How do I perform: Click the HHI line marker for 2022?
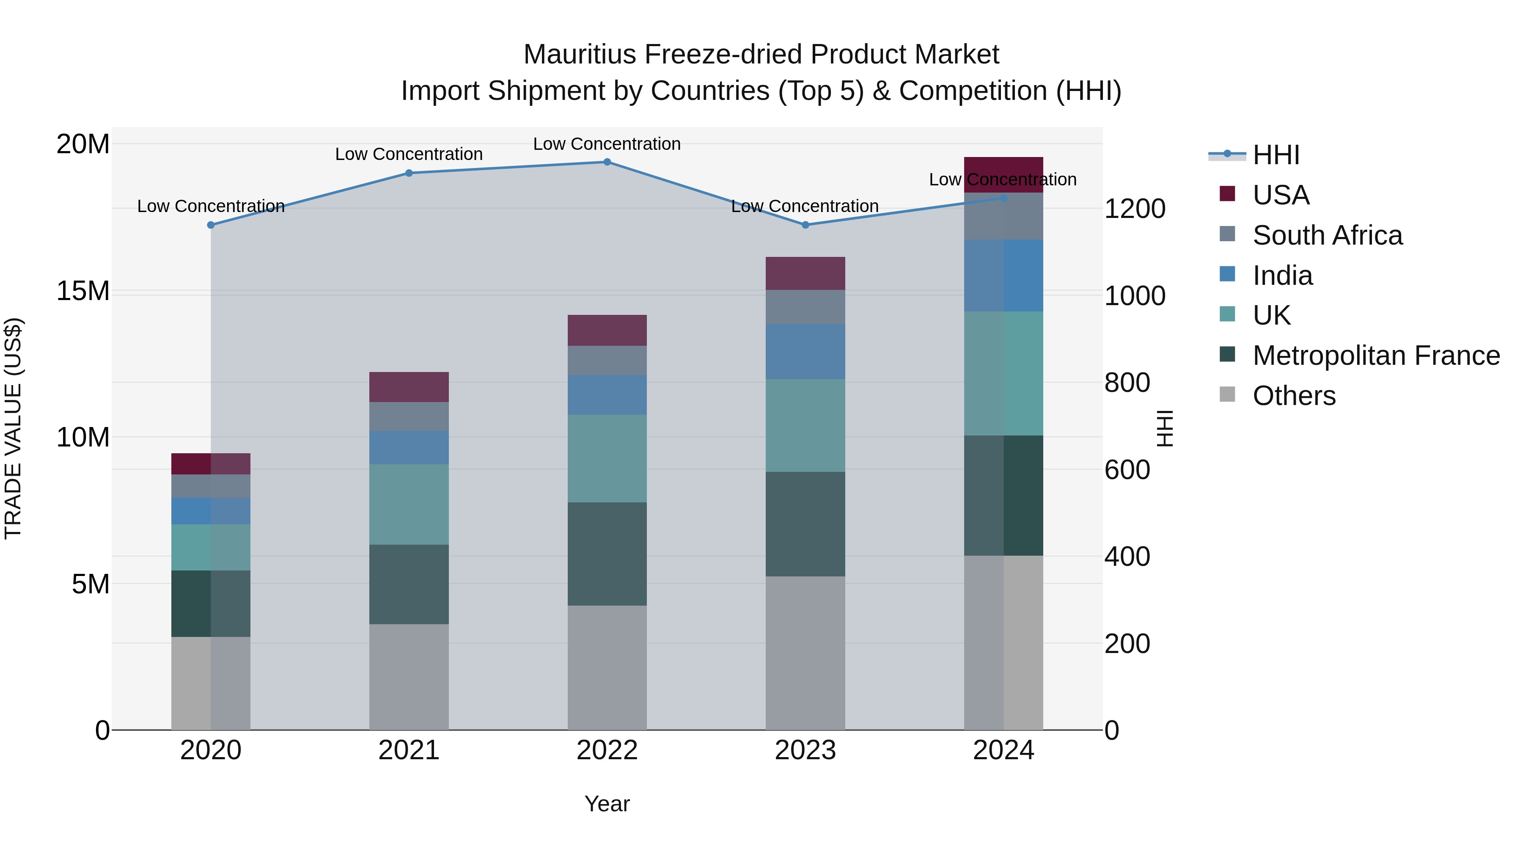point(607,162)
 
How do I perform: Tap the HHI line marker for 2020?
point(211,225)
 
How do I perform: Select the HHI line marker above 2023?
point(805,225)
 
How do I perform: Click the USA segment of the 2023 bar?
point(805,273)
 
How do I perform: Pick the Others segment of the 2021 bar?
point(409,677)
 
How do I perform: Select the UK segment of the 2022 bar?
point(607,458)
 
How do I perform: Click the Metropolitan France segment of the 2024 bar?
point(1003,495)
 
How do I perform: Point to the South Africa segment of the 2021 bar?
point(409,416)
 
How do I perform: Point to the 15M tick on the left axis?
point(83,291)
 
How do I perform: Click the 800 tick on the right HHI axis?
point(1127,383)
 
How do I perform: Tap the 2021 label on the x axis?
point(409,750)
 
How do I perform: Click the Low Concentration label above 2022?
point(607,144)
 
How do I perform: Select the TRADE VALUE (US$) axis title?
point(13,428)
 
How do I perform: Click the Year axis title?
point(607,804)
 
